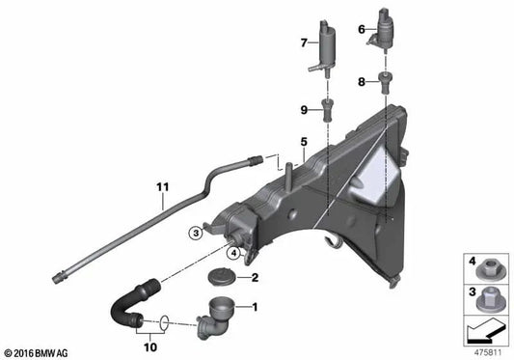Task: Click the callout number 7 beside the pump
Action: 302,42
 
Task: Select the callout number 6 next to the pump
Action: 362,30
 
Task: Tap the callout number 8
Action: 362,83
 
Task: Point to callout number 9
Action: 302,108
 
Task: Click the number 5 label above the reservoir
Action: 302,142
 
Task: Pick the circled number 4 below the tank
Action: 234,253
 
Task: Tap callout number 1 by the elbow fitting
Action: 255,309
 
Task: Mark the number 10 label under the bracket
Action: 150,343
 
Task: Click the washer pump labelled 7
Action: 325,45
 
